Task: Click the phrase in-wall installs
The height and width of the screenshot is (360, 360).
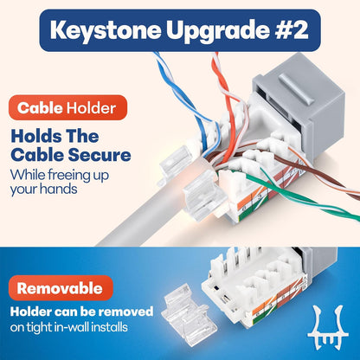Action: [x=100, y=326]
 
